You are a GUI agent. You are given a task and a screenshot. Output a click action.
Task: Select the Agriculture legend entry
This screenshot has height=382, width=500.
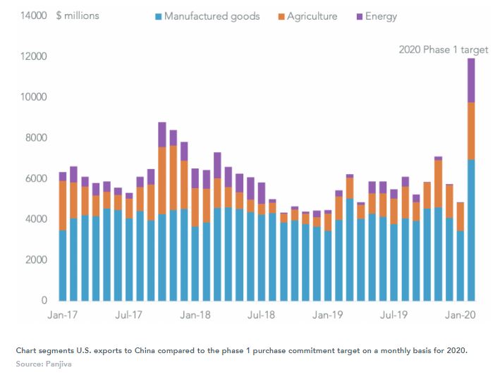(312, 16)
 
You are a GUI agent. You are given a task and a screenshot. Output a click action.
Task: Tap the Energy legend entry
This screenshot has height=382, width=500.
(381, 16)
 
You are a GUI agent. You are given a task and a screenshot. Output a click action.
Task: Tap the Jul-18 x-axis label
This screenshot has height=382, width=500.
(262, 316)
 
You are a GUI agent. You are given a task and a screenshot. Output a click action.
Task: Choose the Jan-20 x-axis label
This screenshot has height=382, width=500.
(460, 316)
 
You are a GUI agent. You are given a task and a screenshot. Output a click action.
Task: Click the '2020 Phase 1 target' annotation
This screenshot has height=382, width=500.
(443, 49)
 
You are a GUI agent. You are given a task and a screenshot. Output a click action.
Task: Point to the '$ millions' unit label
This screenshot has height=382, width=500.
(78, 16)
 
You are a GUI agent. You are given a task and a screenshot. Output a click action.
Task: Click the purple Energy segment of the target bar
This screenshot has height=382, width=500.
(471, 80)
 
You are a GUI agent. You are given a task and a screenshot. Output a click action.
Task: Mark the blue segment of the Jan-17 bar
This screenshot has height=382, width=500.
(63, 265)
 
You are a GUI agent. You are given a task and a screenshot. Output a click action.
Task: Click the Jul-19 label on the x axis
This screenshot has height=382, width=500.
(394, 316)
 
